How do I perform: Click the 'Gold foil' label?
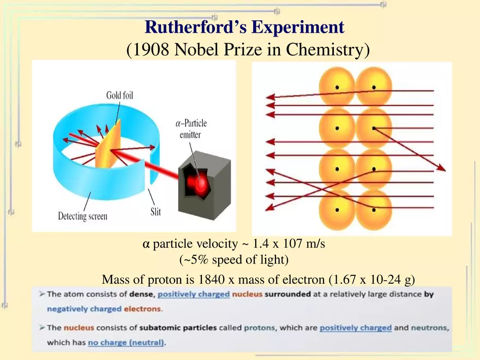(119, 95)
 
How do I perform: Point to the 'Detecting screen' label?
(83, 216)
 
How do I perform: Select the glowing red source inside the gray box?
(202, 182)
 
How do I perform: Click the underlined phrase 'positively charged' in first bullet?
(194, 295)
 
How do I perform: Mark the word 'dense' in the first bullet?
(141, 295)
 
